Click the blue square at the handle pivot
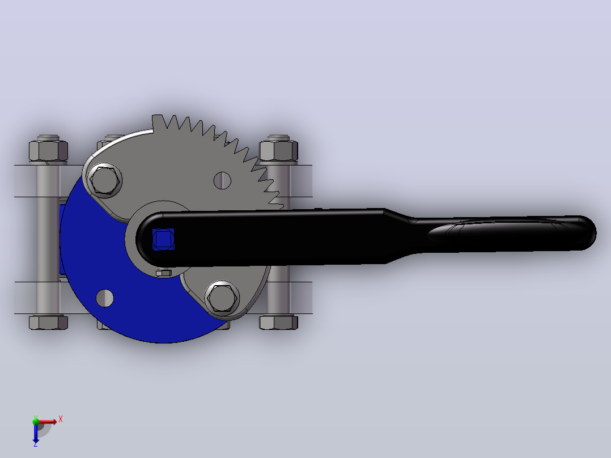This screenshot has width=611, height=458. point(163,239)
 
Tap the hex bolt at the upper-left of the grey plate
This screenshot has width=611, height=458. point(104,180)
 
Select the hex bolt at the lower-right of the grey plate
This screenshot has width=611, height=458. point(222,298)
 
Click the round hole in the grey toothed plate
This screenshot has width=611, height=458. point(222,181)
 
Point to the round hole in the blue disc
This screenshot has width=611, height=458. point(104,298)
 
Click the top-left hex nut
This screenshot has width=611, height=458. point(48,150)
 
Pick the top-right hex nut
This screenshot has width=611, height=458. point(279,150)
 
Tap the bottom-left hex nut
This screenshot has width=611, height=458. point(48,323)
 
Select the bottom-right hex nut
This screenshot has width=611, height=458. point(279,323)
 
